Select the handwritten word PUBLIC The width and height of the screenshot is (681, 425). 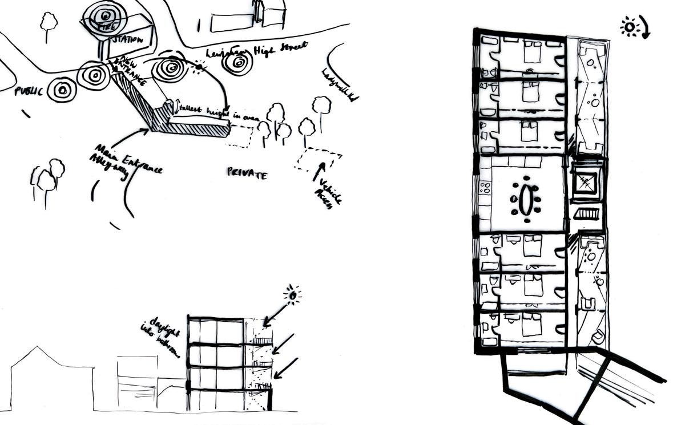(x=29, y=91)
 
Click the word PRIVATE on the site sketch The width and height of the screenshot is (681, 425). (x=247, y=173)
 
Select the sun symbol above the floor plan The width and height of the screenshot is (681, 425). (x=630, y=27)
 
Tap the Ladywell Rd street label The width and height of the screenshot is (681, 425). (x=340, y=86)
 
